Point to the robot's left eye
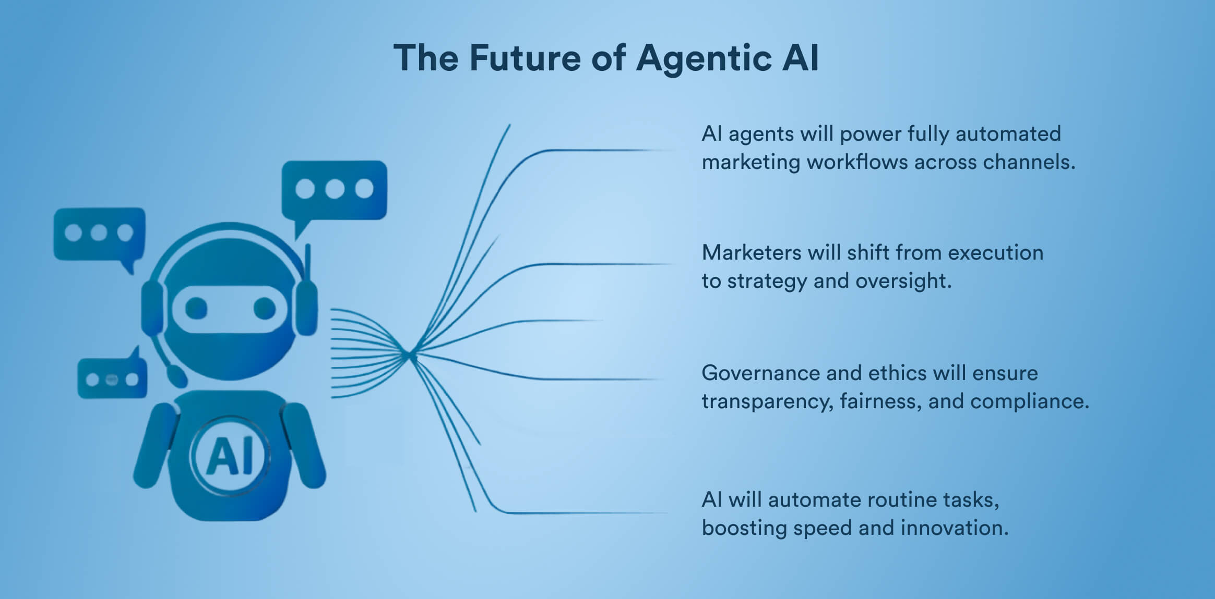pos(196,308)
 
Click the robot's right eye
pos(264,308)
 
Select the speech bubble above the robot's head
pos(334,190)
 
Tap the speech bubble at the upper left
pos(99,234)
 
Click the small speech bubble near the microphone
pos(112,378)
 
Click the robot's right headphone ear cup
pos(306,308)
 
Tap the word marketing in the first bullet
pos(751,162)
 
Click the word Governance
pos(760,373)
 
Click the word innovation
pos(954,528)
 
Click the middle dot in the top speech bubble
pos(334,189)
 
